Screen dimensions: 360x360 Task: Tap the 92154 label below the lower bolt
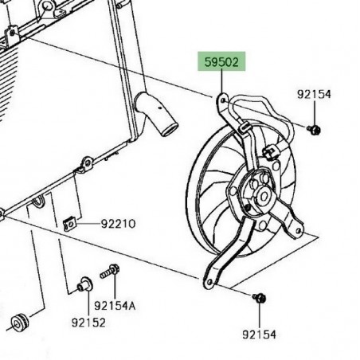tap(259, 335)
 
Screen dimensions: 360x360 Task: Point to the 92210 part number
tap(118, 225)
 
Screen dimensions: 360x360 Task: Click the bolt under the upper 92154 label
tap(314, 129)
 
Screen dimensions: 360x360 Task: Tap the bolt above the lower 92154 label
tap(259, 298)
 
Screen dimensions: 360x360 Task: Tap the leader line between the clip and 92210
tap(88, 225)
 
